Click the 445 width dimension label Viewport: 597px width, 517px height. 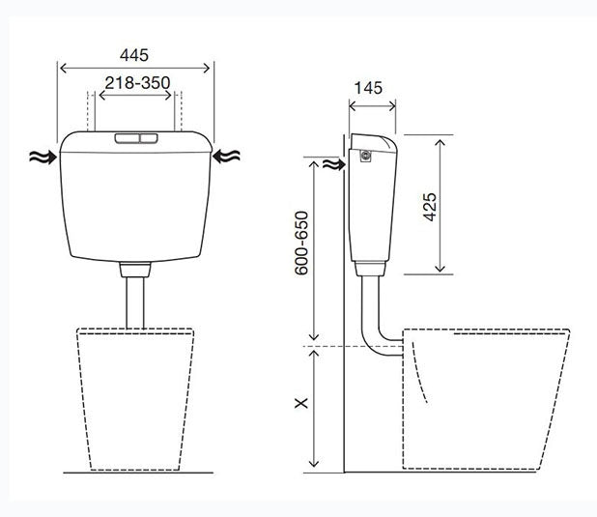[134, 55]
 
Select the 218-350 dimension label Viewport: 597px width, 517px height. [137, 83]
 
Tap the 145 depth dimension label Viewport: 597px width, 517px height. [368, 88]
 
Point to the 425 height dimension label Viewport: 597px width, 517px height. [430, 207]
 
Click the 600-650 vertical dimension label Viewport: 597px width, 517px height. [301, 243]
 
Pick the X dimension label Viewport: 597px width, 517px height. [301, 403]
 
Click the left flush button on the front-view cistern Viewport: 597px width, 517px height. [128, 138]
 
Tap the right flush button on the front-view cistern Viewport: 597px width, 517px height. [149, 138]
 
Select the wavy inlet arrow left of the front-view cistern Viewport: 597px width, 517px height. [43, 157]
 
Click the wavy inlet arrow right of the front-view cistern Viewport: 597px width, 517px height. [226, 157]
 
